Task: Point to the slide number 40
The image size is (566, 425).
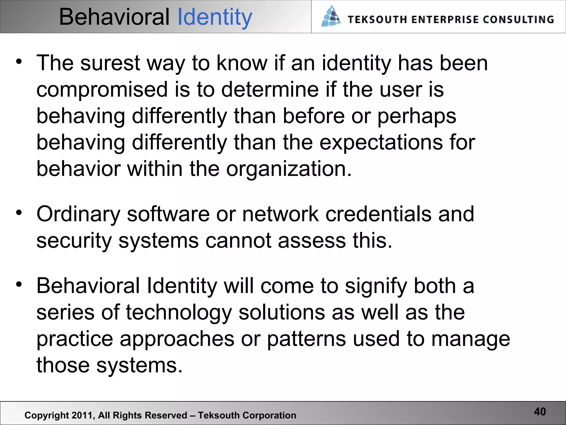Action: (x=540, y=412)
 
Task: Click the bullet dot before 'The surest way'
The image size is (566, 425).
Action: (x=19, y=61)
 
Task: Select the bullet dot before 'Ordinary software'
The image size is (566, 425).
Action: (x=19, y=212)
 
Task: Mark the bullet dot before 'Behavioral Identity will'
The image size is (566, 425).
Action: (x=19, y=284)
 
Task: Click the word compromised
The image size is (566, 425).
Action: (x=102, y=90)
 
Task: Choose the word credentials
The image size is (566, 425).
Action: (x=378, y=214)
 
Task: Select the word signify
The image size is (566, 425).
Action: (x=376, y=286)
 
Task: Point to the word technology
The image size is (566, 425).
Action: (x=179, y=313)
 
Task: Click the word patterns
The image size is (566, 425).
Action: (x=306, y=339)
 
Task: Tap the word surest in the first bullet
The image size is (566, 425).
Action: (x=110, y=63)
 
